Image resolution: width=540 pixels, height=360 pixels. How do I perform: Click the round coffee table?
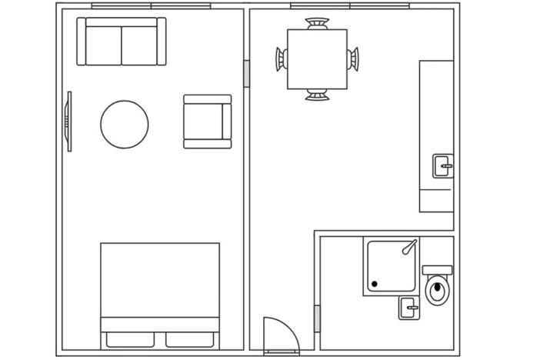124,124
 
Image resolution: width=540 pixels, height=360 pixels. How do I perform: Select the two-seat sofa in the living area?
122,42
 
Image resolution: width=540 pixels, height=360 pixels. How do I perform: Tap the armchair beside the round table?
207,122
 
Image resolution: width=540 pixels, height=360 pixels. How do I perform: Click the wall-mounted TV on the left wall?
69,122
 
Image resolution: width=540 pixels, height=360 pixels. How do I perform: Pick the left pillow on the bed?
132,339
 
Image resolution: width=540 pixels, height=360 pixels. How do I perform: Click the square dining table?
317,59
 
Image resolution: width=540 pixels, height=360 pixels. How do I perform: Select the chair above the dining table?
317,23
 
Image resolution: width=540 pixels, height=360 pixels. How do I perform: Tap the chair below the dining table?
317,95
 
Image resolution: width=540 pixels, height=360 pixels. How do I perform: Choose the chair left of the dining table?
282,59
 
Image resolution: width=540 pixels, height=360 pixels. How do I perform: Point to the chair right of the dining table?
353,59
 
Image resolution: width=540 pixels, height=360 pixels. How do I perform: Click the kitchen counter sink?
442,165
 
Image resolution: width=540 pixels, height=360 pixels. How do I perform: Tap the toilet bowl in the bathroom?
438,291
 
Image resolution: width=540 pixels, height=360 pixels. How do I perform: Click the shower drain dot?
375,285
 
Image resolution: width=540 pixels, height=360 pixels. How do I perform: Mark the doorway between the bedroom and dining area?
246,74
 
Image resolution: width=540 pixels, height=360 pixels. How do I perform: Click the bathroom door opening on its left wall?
317,318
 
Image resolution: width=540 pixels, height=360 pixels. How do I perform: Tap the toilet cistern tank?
437,270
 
